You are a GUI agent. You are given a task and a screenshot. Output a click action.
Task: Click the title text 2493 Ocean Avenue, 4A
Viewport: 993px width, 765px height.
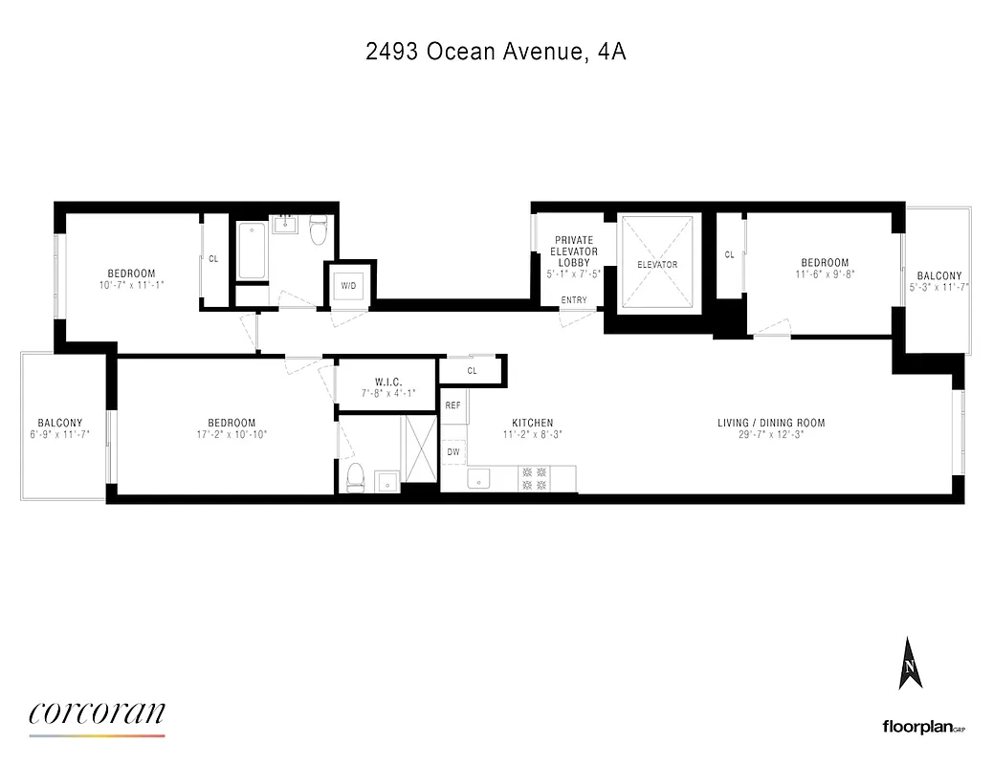click(496, 52)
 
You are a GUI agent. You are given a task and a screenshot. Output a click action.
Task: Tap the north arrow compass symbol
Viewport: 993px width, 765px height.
click(910, 664)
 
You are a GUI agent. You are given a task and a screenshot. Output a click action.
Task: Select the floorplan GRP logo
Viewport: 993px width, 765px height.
click(923, 727)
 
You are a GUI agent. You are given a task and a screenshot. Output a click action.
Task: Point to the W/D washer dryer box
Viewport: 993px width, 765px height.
click(346, 284)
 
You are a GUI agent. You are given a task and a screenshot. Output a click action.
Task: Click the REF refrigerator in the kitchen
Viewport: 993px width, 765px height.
click(453, 405)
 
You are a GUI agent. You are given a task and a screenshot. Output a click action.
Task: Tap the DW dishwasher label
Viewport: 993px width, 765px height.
click(453, 451)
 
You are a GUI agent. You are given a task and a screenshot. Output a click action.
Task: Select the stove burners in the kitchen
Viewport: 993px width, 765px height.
click(532, 478)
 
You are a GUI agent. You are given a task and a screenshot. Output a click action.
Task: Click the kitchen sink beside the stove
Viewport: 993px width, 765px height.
click(478, 478)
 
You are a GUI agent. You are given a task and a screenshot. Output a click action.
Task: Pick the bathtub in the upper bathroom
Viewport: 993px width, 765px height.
click(253, 251)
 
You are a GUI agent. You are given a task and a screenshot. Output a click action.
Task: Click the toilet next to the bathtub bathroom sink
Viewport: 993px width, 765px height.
click(320, 229)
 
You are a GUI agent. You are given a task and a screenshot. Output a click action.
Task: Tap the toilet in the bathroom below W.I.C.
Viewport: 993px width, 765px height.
click(355, 476)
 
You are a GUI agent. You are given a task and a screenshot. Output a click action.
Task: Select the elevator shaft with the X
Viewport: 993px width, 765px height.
click(657, 263)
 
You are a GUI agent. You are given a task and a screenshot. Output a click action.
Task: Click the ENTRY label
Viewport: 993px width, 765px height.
click(574, 301)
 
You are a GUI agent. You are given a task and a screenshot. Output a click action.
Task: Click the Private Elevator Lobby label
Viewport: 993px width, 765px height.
click(574, 251)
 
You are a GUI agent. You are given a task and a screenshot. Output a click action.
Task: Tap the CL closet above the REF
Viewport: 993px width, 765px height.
click(472, 370)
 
